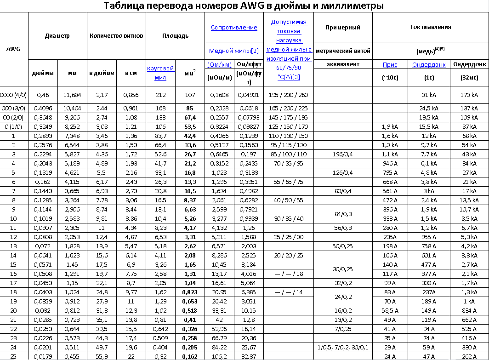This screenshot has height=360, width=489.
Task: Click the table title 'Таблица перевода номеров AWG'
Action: point(244,6)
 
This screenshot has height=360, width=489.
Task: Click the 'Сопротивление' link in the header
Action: point(234,28)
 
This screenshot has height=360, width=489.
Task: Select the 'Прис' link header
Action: point(390,65)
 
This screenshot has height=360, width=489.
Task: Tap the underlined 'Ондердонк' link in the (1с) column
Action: point(429,65)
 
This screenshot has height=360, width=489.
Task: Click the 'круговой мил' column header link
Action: point(160,73)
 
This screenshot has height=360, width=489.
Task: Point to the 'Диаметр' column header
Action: point(57,36)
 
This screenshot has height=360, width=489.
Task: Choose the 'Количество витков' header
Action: point(116,36)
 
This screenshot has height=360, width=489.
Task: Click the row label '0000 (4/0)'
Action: point(14,95)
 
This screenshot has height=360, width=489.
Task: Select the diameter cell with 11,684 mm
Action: point(72,95)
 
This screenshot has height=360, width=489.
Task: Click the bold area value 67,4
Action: point(190,117)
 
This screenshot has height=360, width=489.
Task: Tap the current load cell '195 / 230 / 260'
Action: point(289,95)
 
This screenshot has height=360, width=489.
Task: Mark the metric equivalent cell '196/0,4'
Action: point(342,154)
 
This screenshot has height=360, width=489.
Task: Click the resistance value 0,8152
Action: point(219,163)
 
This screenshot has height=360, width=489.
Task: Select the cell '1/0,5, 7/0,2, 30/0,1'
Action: point(342,347)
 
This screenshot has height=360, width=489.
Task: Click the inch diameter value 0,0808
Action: point(43,237)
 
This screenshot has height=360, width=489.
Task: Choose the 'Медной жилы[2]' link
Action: point(234,51)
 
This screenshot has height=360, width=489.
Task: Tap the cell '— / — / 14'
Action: point(289,292)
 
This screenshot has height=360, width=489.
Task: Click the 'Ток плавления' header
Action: point(431,28)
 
